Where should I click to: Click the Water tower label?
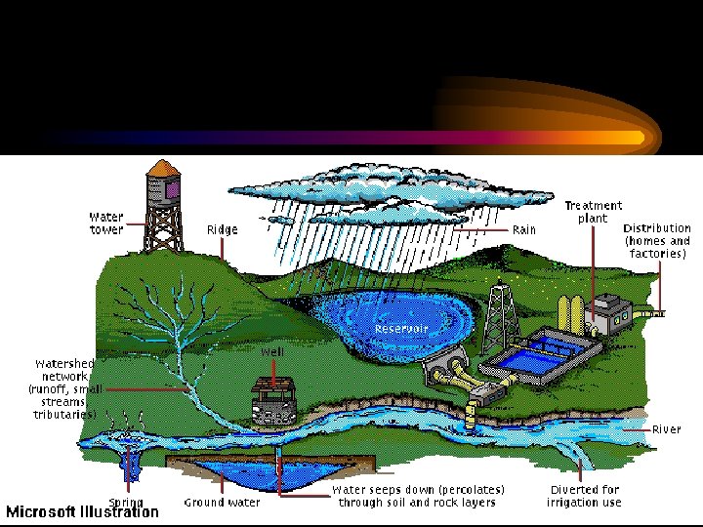(105, 223)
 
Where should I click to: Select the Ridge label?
(222, 230)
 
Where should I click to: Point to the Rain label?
(524, 230)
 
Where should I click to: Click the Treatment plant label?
(593, 212)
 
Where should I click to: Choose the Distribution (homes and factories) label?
(657, 240)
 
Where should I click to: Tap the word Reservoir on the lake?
(401, 329)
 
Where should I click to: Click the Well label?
(271, 351)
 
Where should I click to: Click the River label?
(667, 429)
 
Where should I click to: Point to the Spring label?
(127, 503)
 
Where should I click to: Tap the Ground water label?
(223, 503)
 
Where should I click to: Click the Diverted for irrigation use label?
(584, 496)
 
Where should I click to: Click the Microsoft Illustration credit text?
(82, 512)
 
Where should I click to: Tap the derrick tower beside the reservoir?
(499, 317)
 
